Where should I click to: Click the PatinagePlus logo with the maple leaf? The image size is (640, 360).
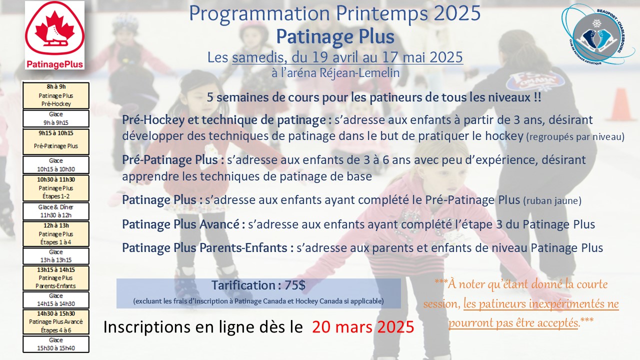coord(54,35)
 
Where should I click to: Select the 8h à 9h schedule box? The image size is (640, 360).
coord(56,95)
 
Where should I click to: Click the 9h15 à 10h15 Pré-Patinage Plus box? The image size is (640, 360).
coord(56,141)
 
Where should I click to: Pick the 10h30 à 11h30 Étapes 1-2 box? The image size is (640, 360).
coord(56,188)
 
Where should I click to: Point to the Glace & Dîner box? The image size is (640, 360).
coord(56,211)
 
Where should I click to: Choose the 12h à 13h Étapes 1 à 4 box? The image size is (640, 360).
coord(56,233)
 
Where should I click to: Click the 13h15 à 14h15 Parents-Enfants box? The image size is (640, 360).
coord(56,277)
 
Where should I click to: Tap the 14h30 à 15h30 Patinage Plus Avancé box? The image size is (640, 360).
coord(56,321)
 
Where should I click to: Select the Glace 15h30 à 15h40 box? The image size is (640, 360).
coord(56,344)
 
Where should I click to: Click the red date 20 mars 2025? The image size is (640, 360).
coord(363,327)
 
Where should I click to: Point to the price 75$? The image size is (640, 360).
coord(295,285)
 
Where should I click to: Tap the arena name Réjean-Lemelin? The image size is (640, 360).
coord(359,73)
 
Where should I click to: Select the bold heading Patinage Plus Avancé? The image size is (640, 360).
coord(180,224)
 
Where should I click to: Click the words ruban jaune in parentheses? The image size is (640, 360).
coord(552,201)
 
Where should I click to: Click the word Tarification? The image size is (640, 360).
coord(243,285)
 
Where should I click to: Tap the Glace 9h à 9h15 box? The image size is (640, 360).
coord(56,118)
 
